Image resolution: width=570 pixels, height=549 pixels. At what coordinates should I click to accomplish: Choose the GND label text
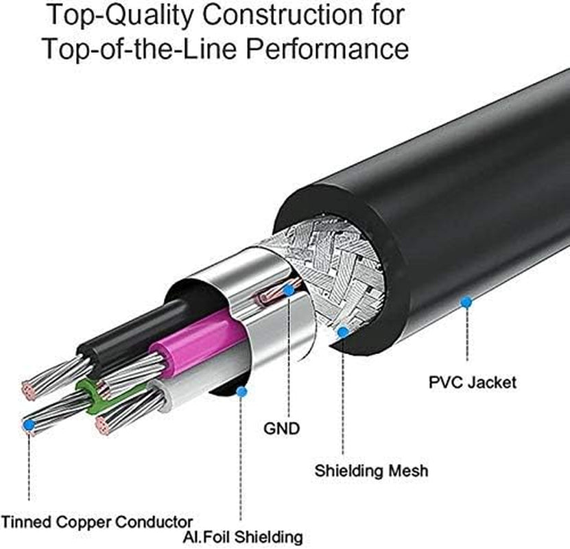pyautogui.click(x=282, y=429)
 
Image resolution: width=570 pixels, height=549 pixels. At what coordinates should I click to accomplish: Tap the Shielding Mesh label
pyautogui.click(x=371, y=471)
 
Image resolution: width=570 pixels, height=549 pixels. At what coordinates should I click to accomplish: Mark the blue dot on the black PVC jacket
pyautogui.click(x=466, y=301)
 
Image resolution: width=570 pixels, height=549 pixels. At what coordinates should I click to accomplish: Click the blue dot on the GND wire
pyautogui.click(x=289, y=290)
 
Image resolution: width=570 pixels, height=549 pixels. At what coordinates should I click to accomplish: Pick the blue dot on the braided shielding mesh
pyautogui.click(x=343, y=331)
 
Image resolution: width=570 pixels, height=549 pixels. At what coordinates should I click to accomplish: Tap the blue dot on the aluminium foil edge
pyautogui.click(x=241, y=392)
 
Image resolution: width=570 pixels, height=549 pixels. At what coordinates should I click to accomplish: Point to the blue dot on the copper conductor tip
pyautogui.click(x=29, y=425)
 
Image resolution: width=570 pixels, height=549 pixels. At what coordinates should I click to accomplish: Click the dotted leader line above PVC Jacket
pyautogui.click(x=467, y=336)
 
